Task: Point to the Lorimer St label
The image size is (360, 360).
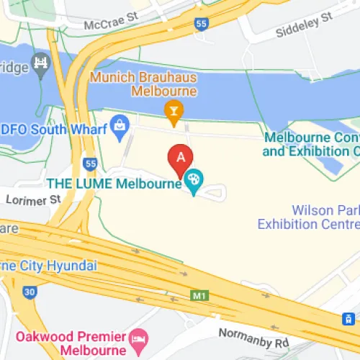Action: tap(34, 199)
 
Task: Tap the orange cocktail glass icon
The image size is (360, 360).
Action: tap(173, 111)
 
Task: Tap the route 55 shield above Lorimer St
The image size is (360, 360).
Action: tap(90, 164)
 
